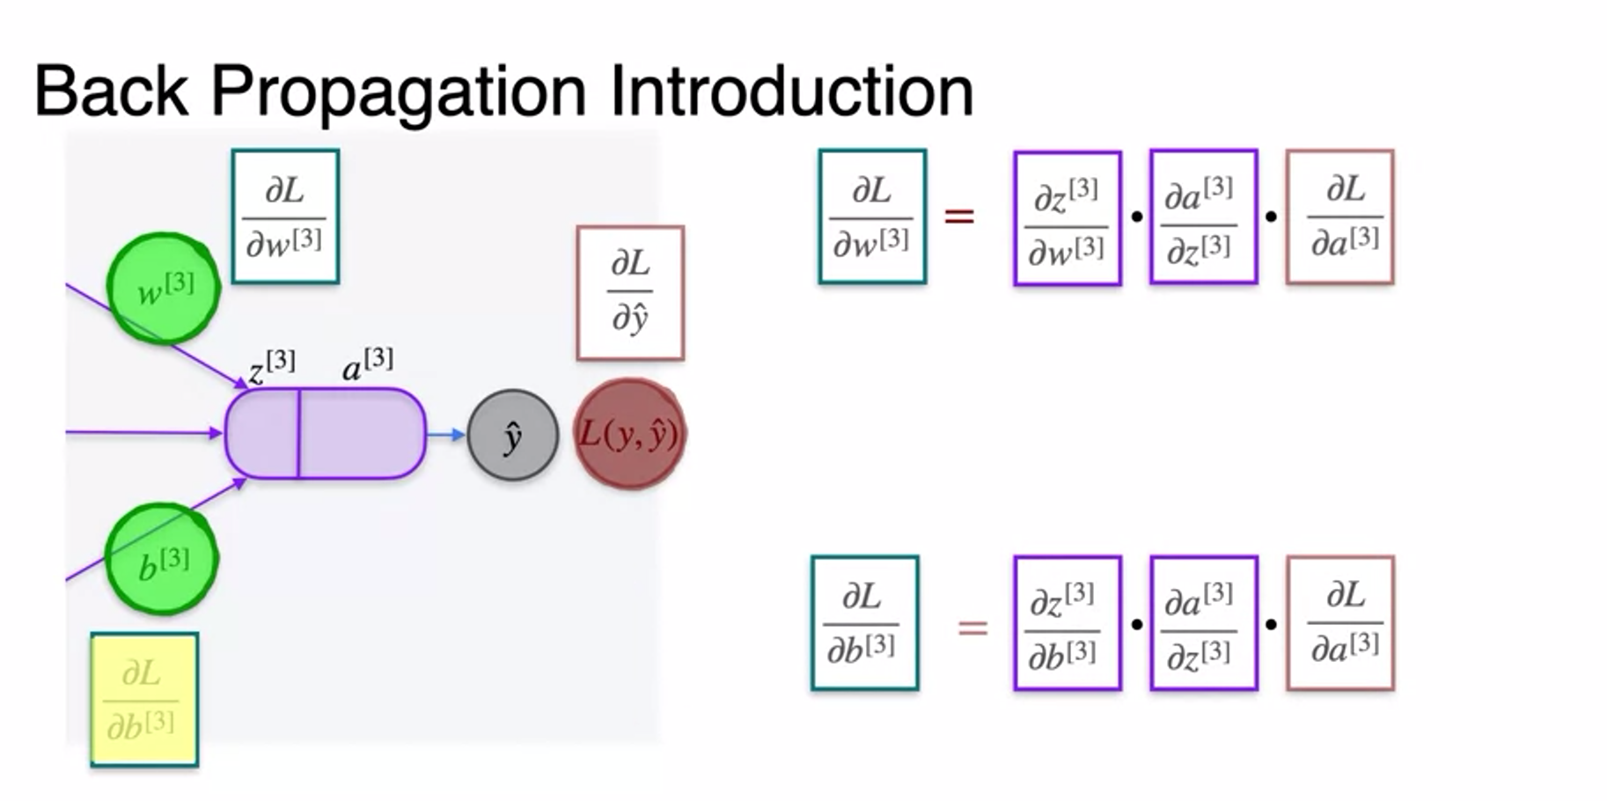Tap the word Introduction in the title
[790, 91]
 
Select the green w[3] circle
[164, 288]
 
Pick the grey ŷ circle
[512, 435]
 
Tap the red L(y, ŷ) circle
[629, 434]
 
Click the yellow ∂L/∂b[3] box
[144, 699]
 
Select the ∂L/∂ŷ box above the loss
[630, 292]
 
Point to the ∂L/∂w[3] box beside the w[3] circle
[285, 217]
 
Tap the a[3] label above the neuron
[367, 364]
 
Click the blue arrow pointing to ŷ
[446, 434]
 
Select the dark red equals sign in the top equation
[959, 216]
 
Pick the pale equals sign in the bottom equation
[972, 628]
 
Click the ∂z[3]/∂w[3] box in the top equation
[1067, 218]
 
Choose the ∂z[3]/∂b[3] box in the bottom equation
[1067, 623]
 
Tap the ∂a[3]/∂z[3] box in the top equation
[1203, 217]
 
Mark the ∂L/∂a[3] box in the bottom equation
[1340, 623]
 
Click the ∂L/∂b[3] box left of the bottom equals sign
[864, 623]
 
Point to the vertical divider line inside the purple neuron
[299, 434]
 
